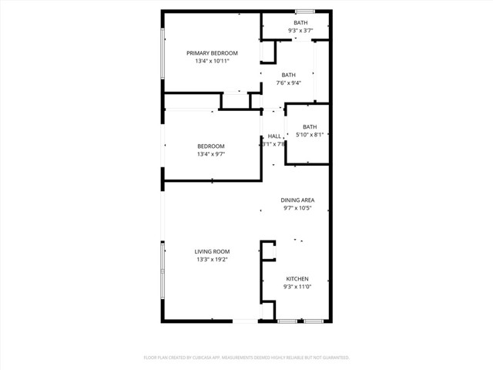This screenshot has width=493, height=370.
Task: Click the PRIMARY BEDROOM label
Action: (x=212, y=53)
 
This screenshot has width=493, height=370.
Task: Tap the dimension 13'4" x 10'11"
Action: (x=212, y=61)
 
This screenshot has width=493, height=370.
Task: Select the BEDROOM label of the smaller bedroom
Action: (x=210, y=146)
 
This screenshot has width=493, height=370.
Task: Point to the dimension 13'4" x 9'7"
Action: (x=210, y=154)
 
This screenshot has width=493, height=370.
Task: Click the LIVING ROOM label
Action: (x=212, y=251)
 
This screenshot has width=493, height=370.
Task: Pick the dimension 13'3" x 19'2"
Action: (x=212, y=259)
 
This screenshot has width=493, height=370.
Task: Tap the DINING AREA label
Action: (x=298, y=200)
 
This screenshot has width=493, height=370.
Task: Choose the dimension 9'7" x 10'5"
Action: (x=298, y=207)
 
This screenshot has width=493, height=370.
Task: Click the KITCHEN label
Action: (x=297, y=279)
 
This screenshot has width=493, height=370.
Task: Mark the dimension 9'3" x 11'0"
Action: (x=297, y=287)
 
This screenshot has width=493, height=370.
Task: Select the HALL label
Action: (x=273, y=136)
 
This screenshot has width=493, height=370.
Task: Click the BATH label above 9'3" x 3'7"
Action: (x=300, y=23)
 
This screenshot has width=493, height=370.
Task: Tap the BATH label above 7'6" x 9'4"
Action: (x=288, y=75)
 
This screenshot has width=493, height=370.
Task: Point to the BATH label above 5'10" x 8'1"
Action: (x=310, y=127)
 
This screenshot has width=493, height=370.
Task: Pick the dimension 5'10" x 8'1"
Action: (x=310, y=135)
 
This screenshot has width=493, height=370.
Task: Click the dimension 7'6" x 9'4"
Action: (x=288, y=82)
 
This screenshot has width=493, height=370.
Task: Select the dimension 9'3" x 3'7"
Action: (x=300, y=31)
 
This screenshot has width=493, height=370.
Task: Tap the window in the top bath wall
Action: (x=304, y=11)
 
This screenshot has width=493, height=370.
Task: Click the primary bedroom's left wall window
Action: (x=162, y=53)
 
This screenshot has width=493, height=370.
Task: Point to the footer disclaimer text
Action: (x=246, y=358)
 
